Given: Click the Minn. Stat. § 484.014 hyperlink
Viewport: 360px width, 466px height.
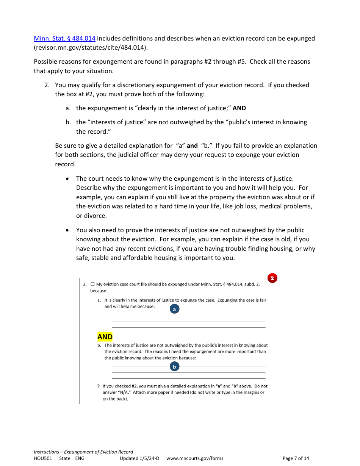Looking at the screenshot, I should pos(64,38).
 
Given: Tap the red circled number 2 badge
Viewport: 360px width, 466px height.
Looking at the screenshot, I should pos(272,278).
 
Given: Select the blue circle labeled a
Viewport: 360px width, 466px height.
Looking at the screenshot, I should pos(174,309).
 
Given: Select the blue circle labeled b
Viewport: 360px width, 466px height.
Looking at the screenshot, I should pos(174,366).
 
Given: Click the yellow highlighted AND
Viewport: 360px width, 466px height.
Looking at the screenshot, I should pos(105,337).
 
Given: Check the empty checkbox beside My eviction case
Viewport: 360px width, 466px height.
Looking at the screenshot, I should pos(92,284).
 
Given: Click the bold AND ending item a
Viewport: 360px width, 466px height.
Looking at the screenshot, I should pos(239,108).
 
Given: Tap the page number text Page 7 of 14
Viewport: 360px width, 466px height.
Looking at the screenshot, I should pos(296,458).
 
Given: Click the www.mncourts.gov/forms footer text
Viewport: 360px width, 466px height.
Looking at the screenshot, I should pos(195,458).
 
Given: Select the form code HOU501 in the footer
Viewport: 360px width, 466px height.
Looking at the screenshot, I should pos(43,458).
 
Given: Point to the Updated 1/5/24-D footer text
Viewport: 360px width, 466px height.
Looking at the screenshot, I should pos(139,458).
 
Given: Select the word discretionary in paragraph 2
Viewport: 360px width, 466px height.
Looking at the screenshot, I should pos(131,85).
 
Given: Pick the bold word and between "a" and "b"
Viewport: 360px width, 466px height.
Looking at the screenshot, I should pos(192,145).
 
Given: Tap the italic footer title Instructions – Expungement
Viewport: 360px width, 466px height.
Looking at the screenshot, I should pos(83,452).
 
